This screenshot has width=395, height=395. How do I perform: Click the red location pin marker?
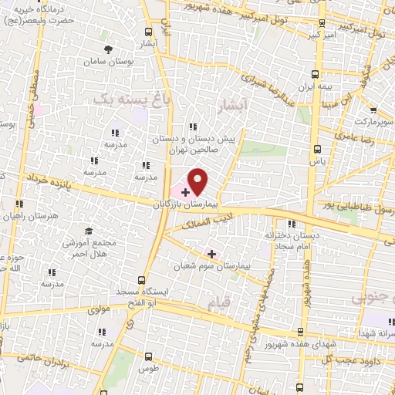point(198,181)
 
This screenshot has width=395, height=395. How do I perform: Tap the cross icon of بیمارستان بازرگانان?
point(186,191)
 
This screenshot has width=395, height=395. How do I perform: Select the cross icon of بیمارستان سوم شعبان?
point(211,253)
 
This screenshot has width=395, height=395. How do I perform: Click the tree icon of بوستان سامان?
point(107,49)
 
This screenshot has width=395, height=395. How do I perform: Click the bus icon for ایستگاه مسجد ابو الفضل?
point(140,281)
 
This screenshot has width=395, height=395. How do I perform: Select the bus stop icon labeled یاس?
point(316,149)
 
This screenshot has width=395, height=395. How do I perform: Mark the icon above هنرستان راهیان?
point(19,204)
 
